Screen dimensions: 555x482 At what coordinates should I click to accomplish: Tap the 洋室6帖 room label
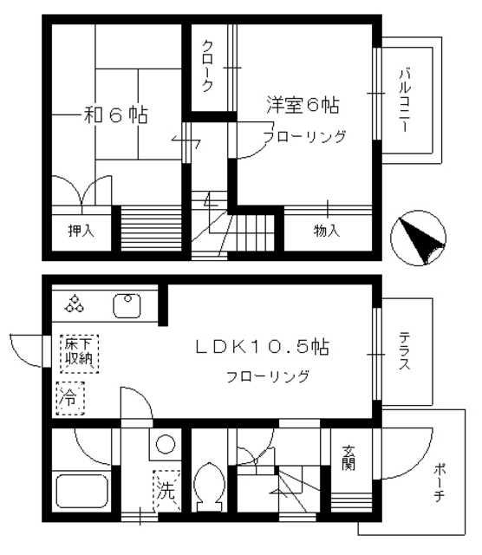point(302,106)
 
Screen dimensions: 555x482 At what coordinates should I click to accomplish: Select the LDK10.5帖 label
point(261,346)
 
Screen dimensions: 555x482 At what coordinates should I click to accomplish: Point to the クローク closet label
point(209,67)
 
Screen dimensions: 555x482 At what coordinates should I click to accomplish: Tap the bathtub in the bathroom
point(81,492)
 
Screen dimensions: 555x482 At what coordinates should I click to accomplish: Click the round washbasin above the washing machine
point(164,446)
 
